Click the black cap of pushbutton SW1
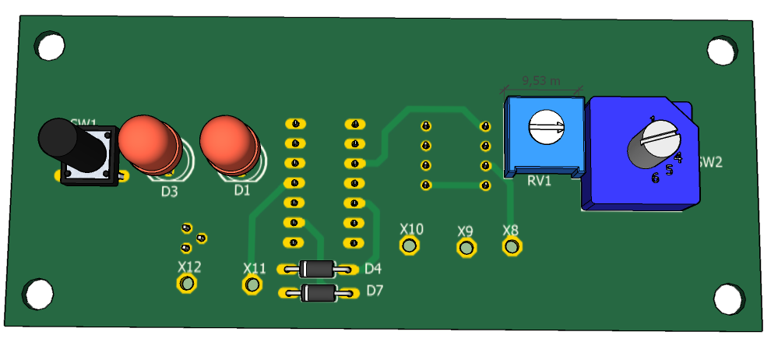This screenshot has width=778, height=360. coord(58,140)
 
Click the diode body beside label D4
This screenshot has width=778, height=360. coord(318,269)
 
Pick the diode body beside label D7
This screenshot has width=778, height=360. coord(319,293)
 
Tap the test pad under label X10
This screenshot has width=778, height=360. coord(410,246)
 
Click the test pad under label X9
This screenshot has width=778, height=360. coord(466,248)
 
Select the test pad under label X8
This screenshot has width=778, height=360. coord(512,246)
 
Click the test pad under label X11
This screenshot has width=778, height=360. coord(252,285)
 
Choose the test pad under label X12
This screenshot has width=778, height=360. coord(187,284)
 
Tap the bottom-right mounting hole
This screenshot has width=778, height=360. coord(729,298)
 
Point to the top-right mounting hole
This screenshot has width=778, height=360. coord(722,51)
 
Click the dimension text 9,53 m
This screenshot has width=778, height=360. coord(540,80)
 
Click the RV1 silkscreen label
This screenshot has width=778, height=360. coord(539,181)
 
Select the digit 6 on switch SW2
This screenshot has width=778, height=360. coord(655,178)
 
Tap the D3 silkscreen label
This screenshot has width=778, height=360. coord(169,191)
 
